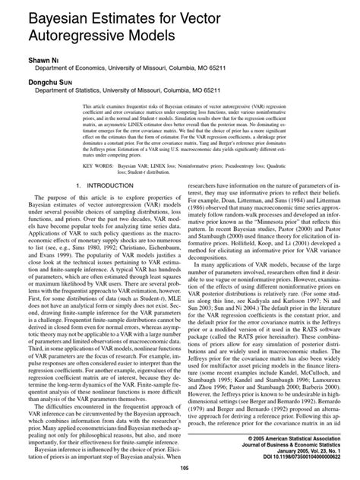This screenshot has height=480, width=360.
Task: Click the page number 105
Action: [179, 469]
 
